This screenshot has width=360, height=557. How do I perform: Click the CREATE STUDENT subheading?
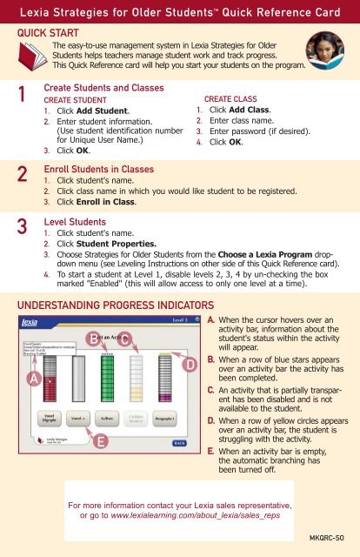[82, 100]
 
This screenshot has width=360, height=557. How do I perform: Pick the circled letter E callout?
[101, 442]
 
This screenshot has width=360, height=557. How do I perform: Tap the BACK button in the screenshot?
[178, 442]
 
